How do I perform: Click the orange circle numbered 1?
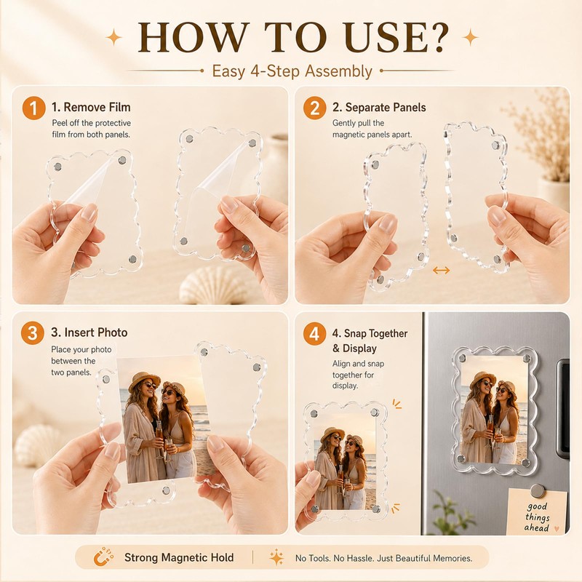[x=33, y=108]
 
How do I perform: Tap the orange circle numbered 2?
[x=314, y=108]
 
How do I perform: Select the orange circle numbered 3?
[x=32, y=333]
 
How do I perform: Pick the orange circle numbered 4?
[x=314, y=333]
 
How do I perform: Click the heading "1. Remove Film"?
[x=91, y=107]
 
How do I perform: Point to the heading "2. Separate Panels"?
[x=379, y=107]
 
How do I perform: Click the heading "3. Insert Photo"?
[x=89, y=332]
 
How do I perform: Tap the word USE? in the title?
[x=396, y=38]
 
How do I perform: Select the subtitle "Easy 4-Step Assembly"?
[x=292, y=71]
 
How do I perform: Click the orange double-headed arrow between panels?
[x=442, y=271]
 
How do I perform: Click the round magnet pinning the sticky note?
[x=537, y=490]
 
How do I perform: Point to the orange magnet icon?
[x=103, y=557]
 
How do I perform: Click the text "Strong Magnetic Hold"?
[x=179, y=557]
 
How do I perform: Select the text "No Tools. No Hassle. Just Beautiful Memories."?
[x=384, y=558]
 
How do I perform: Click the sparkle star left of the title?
[x=114, y=37]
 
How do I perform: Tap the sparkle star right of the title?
[x=470, y=37]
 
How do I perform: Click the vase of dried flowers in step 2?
[x=549, y=156]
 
